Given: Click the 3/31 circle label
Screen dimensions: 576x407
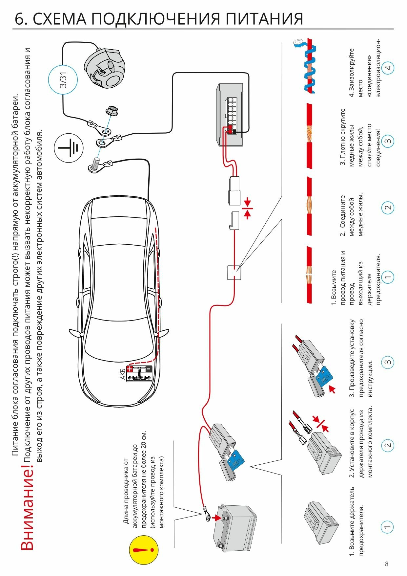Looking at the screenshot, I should click(63, 80).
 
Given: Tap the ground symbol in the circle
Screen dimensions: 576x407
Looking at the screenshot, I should click(69, 148).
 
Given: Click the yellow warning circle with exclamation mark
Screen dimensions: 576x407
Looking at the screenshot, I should click(144, 550).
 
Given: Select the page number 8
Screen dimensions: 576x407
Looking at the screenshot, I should click(387, 564).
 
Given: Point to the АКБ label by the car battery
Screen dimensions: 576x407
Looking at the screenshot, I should click(123, 374).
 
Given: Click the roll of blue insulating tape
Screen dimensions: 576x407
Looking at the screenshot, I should click(299, 43).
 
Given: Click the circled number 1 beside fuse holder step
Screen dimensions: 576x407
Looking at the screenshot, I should click(387, 527).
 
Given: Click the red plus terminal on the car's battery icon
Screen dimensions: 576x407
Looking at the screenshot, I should click(130, 369).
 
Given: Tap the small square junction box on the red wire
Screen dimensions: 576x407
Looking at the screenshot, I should click(234, 273).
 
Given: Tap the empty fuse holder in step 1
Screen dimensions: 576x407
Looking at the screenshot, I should click(320, 524).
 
